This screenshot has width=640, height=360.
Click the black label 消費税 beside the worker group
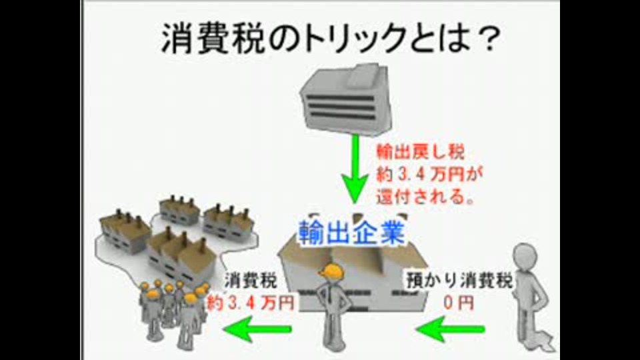(x=250, y=280)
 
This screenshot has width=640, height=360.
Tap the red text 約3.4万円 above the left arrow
(x=251, y=303)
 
